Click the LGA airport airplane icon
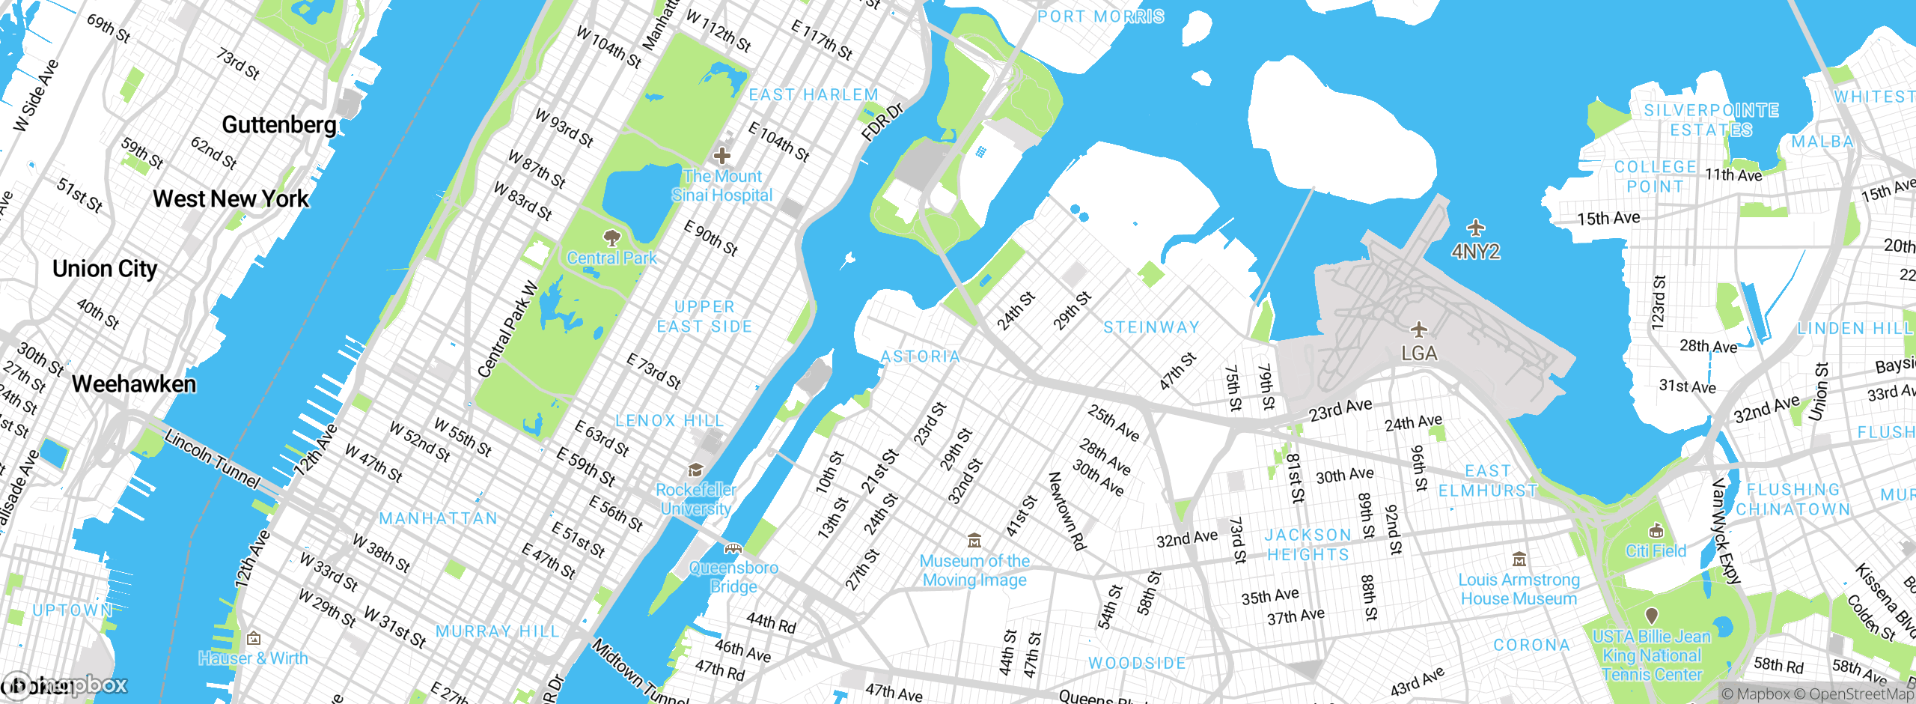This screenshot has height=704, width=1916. [x=1418, y=330]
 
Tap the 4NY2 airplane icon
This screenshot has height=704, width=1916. [x=1475, y=228]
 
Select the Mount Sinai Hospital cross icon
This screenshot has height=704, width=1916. [x=721, y=156]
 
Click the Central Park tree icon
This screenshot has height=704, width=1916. [x=612, y=238]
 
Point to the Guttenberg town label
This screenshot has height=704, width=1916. [x=279, y=124]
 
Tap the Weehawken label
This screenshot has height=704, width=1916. [x=134, y=384]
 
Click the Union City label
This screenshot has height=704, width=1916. [x=105, y=269]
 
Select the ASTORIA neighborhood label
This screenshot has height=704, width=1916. [x=920, y=356]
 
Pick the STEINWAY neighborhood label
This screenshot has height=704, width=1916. [x=1151, y=327]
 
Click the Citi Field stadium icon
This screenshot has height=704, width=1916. [x=1656, y=531]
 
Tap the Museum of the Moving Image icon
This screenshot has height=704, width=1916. [x=974, y=540]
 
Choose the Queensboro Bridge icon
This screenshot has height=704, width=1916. [x=733, y=548]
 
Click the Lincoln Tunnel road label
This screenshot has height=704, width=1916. [x=212, y=458]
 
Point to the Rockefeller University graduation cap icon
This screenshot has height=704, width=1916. [x=695, y=470]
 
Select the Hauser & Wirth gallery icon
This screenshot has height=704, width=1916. [x=254, y=638]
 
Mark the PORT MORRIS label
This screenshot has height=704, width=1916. [x=1100, y=16]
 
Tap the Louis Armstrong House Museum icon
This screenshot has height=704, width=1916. [x=1519, y=559]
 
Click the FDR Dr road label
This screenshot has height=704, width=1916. [x=882, y=122]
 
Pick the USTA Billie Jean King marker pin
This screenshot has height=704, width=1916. [x=1652, y=616]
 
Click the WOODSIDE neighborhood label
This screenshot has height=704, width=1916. [x=1137, y=663]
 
